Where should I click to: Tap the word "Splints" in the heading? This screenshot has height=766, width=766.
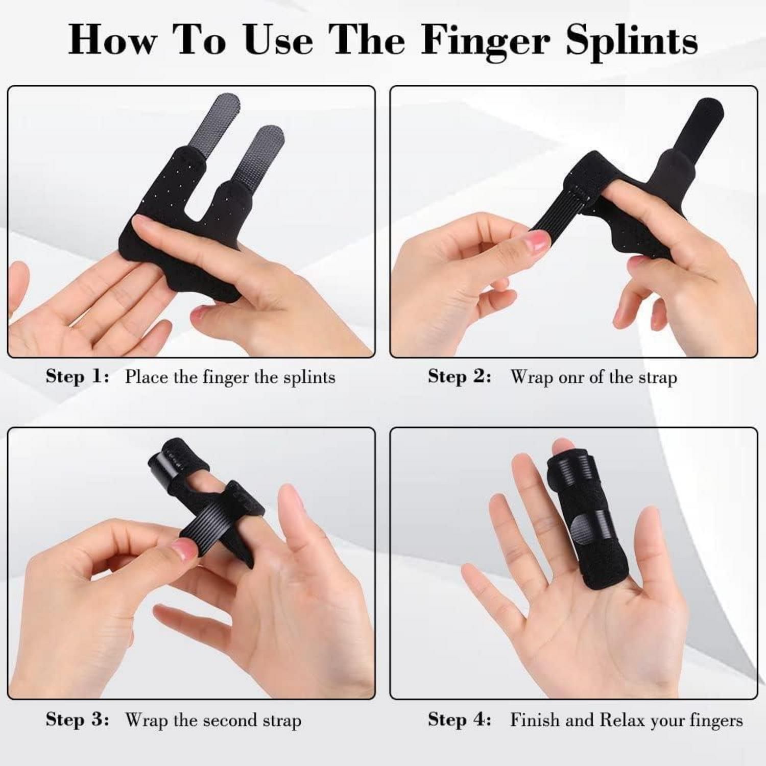pyautogui.click(x=632, y=41)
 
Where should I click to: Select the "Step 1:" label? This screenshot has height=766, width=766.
pyautogui.click(x=78, y=377)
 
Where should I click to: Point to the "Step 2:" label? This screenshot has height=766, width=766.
pyautogui.click(x=460, y=377)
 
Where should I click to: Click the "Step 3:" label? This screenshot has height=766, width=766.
pyautogui.click(x=78, y=720)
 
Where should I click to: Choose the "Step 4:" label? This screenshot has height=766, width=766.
pyautogui.click(x=460, y=720)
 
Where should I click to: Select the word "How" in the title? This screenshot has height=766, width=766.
pyautogui.click(x=113, y=40)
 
